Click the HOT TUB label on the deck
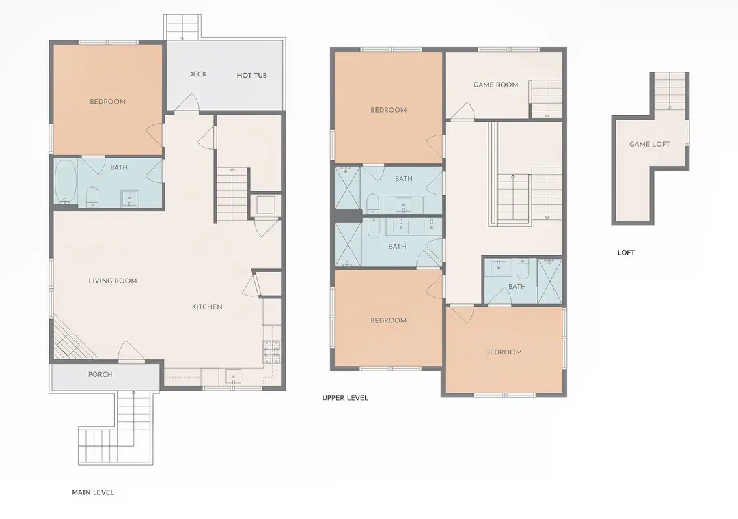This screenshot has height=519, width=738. pos(251,75)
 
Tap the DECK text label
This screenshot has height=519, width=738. pos(197,74)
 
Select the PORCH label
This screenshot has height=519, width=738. pos(100,374)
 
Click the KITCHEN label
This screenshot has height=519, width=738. pos(207,307)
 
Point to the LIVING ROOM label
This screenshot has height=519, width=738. pos(113,281)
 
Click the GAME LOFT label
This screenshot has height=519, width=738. pos(650,145)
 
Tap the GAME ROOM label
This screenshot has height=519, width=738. pos(495,85)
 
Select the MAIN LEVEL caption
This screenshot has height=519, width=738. pos(93,492)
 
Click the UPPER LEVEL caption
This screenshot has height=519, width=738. pos(345,398)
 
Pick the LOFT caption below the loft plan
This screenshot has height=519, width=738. pos(626,253)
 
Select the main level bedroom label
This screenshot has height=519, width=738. pos(108,102)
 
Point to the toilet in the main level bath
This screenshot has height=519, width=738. pos(92,197)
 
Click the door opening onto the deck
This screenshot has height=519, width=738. pos(187,104)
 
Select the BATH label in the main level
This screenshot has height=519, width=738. pos(119,167)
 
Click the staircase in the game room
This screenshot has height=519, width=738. pos(547,99)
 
